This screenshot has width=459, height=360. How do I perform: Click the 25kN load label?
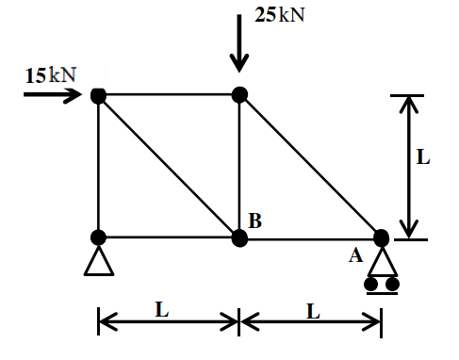(x=280, y=15)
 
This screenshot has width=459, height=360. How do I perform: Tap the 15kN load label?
(x=51, y=75)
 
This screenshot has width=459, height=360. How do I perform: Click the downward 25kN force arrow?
(x=239, y=43)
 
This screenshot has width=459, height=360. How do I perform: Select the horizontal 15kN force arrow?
(x=53, y=94)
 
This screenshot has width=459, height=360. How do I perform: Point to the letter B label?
(x=254, y=221)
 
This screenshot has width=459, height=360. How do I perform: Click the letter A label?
(x=355, y=255)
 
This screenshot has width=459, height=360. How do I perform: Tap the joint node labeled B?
(x=239, y=237)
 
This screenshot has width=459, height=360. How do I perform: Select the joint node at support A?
(x=382, y=237)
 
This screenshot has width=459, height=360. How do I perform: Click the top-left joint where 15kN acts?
(x=98, y=95)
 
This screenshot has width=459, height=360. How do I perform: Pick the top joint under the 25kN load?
(x=239, y=94)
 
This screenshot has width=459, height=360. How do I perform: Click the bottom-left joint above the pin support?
(x=98, y=237)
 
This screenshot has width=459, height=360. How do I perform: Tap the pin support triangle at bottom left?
(x=99, y=262)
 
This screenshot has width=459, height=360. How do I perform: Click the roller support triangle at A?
(x=383, y=262)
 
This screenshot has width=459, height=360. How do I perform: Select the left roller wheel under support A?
(x=371, y=284)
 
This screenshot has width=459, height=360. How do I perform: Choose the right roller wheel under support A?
(x=392, y=284)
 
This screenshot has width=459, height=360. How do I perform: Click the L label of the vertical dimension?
(x=423, y=157)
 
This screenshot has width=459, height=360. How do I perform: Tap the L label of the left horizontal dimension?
(x=162, y=309)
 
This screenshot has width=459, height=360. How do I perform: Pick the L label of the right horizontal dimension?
(x=314, y=311)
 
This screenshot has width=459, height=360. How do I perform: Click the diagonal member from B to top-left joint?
(x=169, y=167)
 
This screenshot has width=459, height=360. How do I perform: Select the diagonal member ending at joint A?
(x=310, y=166)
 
